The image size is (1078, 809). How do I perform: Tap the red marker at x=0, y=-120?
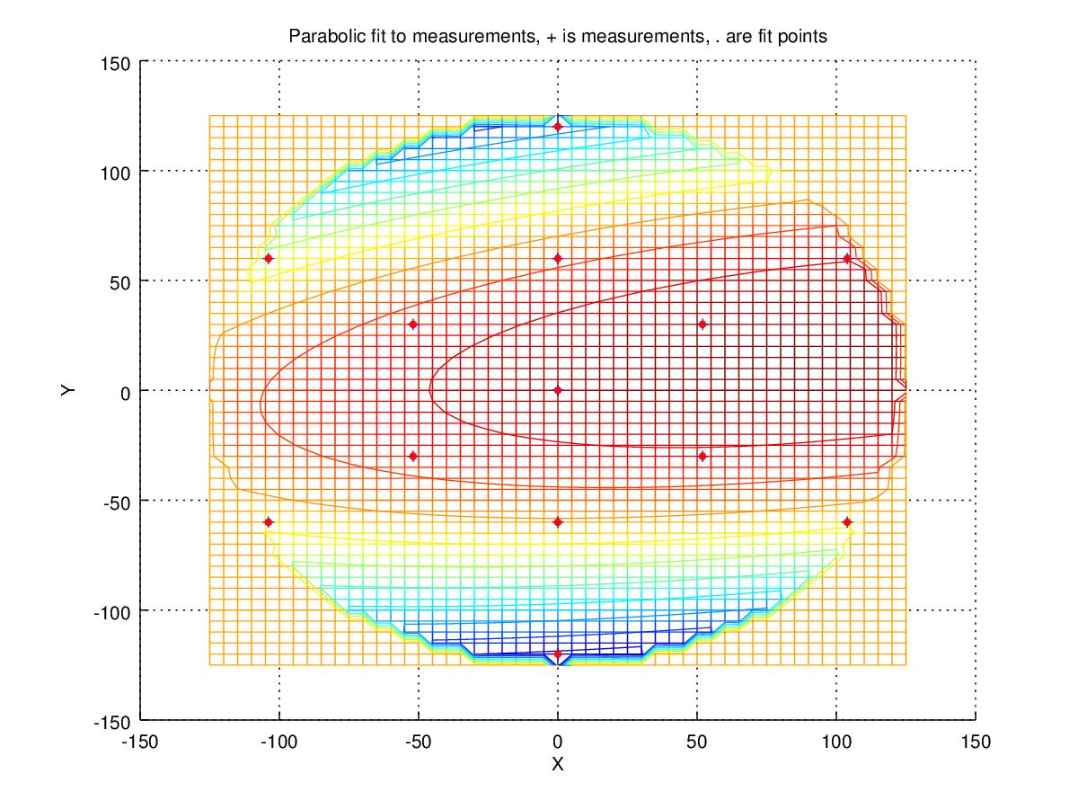[x=558, y=653]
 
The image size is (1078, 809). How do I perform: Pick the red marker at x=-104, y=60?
[x=268, y=258]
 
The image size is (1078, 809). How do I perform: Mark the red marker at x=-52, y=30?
[x=413, y=324]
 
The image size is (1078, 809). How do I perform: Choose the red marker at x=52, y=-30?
[x=702, y=456]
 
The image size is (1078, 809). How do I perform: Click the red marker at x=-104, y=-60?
[x=268, y=521]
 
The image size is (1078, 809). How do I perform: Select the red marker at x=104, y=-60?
[x=847, y=521]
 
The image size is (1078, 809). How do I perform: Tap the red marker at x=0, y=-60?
[x=558, y=521]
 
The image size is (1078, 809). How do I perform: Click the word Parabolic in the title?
[x=319, y=38]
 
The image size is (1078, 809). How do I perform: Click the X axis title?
[x=557, y=764]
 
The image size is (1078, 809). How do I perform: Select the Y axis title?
[x=68, y=390]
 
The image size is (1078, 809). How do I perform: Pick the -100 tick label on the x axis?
[x=278, y=742]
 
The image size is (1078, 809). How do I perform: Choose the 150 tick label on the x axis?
[x=976, y=742]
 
